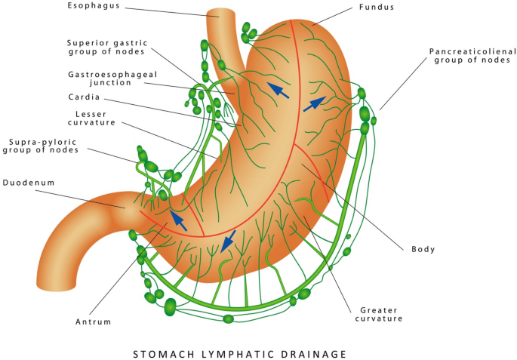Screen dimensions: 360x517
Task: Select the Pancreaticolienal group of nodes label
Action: [472, 56]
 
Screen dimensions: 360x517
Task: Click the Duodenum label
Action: [27, 182]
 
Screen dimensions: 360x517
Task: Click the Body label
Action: [423, 249]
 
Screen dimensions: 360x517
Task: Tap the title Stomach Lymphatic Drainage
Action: [239, 353]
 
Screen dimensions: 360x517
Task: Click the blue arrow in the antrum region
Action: [177, 220]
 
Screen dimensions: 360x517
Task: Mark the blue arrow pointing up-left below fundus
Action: [279, 91]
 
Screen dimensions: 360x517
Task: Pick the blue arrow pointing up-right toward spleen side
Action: [315, 104]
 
